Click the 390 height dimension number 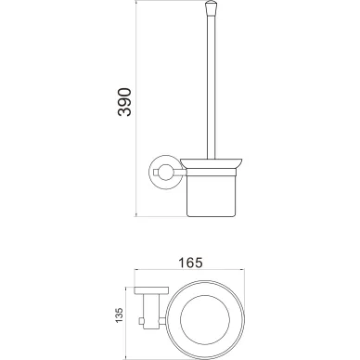tap(124, 102)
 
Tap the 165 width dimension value tap(190, 263)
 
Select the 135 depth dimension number tap(119, 315)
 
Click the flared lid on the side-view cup tap(212, 163)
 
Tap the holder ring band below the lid tap(212, 172)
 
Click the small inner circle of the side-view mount tap(164, 173)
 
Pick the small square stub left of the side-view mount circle tap(155, 172)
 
